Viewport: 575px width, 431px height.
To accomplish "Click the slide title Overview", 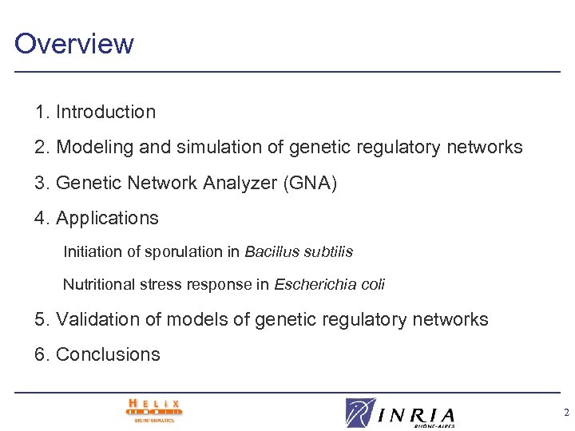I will coord(74,43).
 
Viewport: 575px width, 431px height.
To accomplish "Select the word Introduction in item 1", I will coord(105,113).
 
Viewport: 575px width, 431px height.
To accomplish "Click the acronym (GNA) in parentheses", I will coord(310,183).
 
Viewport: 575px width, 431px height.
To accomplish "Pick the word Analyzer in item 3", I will coord(238,183).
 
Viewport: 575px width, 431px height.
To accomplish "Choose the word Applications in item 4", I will coord(107,218).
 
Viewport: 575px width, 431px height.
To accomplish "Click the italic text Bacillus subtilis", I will coord(299,252).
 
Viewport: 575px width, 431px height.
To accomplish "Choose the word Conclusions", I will coord(108,354).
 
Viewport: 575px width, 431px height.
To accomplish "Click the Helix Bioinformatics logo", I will coord(154,410).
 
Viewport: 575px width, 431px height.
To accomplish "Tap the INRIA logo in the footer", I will coord(400,413).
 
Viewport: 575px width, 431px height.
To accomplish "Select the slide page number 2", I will coord(566,413).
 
